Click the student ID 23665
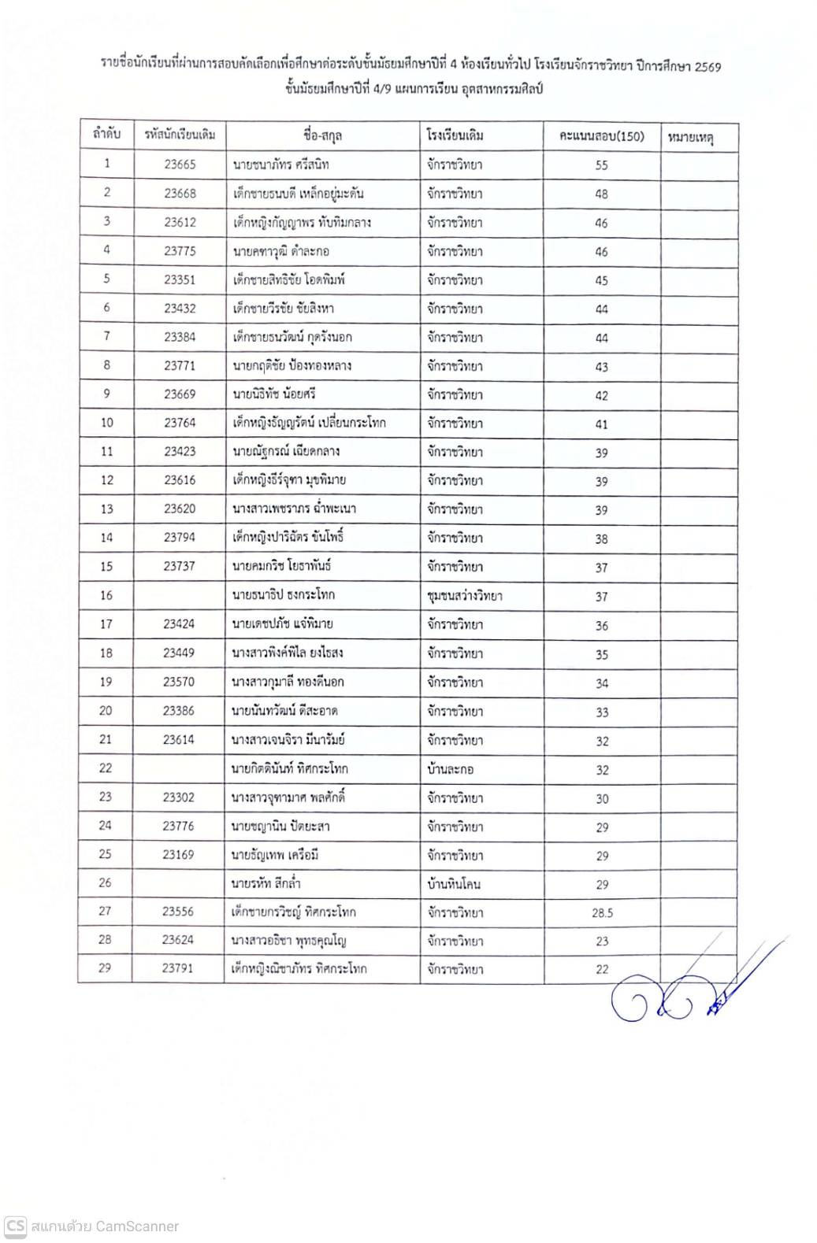point(180,165)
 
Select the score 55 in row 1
point(601,165)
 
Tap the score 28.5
point(602,913)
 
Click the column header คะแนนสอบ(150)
point(601,136)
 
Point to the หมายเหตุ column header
point(690,138)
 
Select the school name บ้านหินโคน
point(453,884)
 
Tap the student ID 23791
point(177,968)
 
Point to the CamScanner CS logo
point(15,1226)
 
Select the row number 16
point(106,595)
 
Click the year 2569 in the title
point(707,67)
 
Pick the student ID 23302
point(178,797)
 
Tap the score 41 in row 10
point(601,424)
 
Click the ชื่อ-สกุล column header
point(322,135)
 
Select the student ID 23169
point(178,854)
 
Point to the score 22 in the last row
point(602,970)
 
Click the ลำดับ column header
point(106,135)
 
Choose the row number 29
point(105,967)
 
